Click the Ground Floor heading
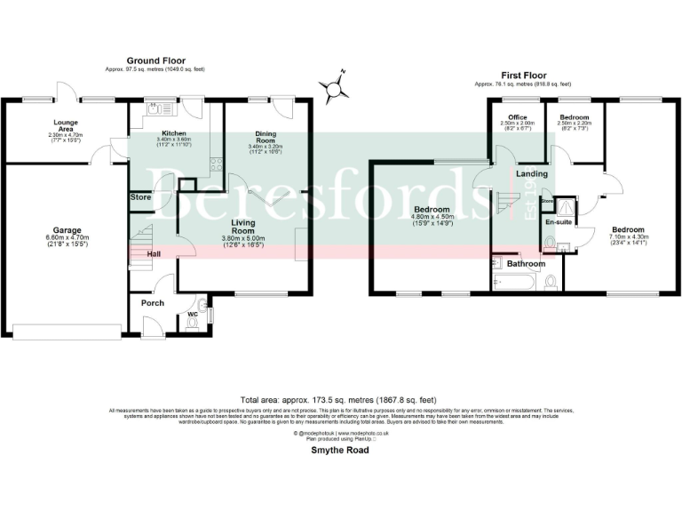155,60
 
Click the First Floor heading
523,76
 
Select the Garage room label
64,230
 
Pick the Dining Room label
267,137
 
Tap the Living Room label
243,227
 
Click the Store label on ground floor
141,196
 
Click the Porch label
153,302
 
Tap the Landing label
531,173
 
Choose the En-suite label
559,221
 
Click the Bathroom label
527,263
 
